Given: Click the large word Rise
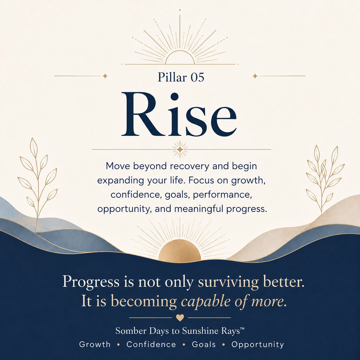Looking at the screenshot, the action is point(179,114).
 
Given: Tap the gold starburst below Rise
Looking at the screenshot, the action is point(180,150).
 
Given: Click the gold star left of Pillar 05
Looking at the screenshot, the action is point(105,76).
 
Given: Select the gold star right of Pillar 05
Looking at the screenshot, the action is point(255,76).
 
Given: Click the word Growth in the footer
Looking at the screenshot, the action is point(95,344).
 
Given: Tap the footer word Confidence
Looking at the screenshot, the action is point(151,344).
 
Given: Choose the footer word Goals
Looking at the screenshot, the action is point(204,344).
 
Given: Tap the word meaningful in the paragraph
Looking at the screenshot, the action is point(199,209).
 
